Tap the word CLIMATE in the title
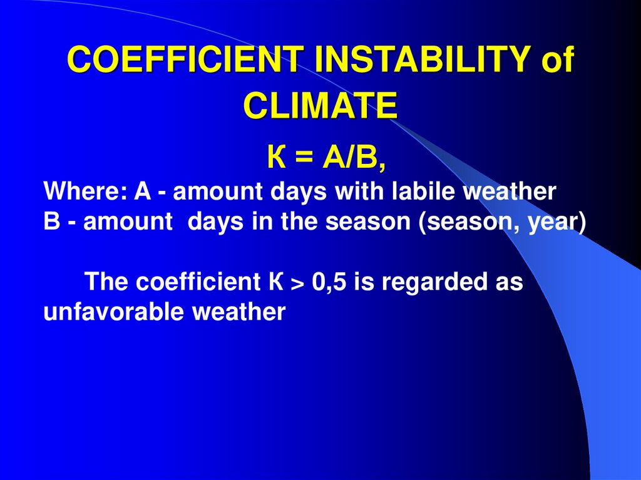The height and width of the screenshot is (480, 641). (x=320, y=105)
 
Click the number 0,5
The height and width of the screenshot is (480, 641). (x=329, y=282)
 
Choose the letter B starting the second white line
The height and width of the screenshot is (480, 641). (x=51, y=222)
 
